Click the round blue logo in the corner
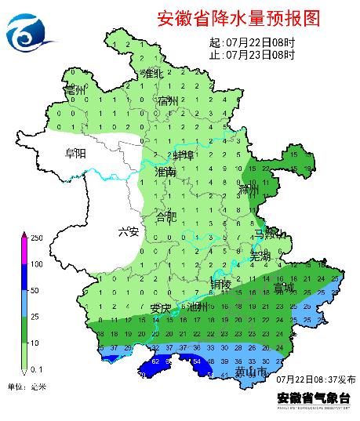(x=29, y=32)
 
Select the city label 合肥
(x=167, y=216)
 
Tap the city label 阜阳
(x=76, y=153)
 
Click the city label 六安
(x=128, y=231)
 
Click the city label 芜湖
(x=260, y=256)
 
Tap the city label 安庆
(x=161, y=307)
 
